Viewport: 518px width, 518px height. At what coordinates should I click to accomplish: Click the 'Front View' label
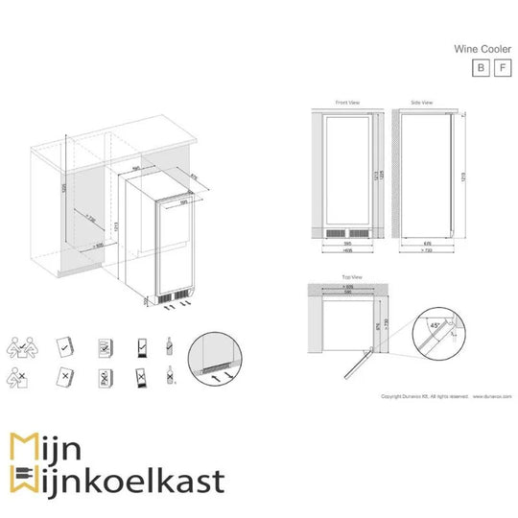(347, 102)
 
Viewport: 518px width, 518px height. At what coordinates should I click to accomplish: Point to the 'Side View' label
(421, 102)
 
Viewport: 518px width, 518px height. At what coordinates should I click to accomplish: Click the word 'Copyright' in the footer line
(392, 395)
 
